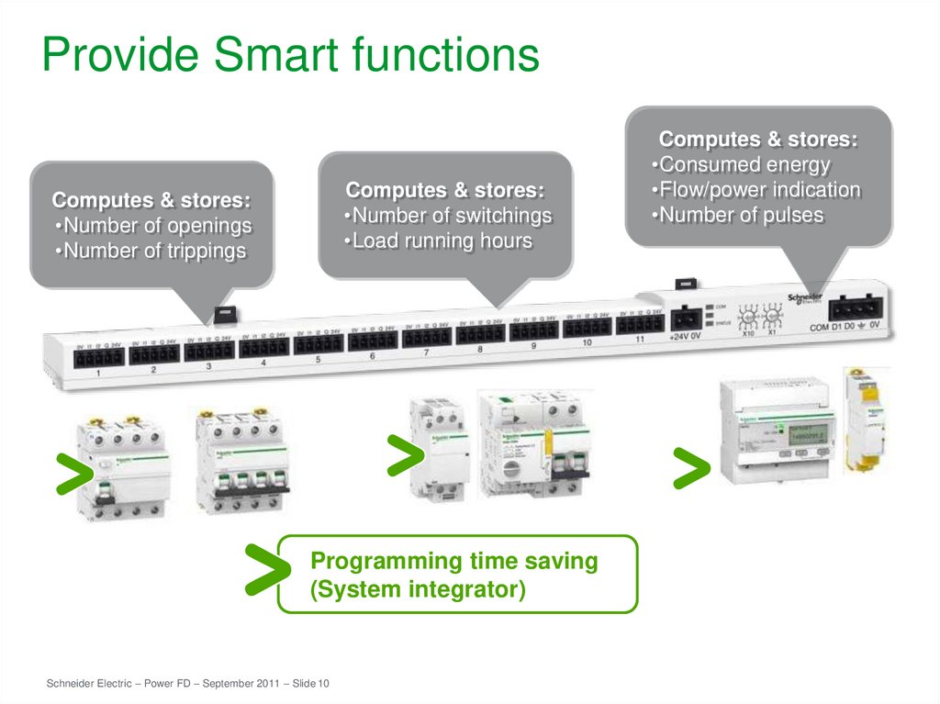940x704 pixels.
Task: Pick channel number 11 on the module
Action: [x=640, y=340]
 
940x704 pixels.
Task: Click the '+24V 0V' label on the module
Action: [x=684, y=337]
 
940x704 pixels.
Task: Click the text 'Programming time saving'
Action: [x=454, y=561]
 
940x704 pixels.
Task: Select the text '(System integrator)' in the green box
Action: [x=418, y=589]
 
